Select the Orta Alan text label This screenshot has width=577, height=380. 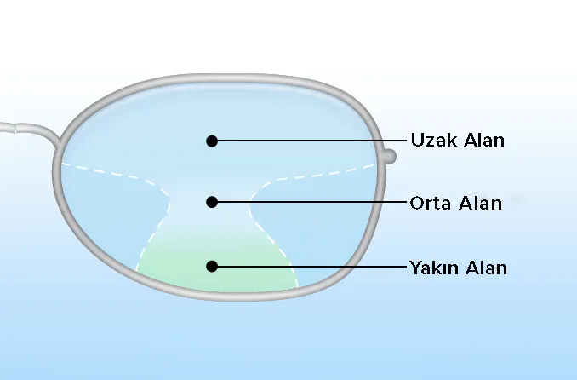(455, 204)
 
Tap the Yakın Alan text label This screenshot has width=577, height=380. (458, 268)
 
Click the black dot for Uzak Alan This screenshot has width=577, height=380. (212, 141)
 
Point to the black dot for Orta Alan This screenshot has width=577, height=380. (212, 202)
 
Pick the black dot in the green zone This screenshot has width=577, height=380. (212, 266)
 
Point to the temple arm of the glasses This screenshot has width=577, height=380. (26, 129)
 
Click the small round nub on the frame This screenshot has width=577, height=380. (390, 157)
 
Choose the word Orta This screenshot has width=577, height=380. (430, 204)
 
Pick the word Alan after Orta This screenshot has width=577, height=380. (480, 204)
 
